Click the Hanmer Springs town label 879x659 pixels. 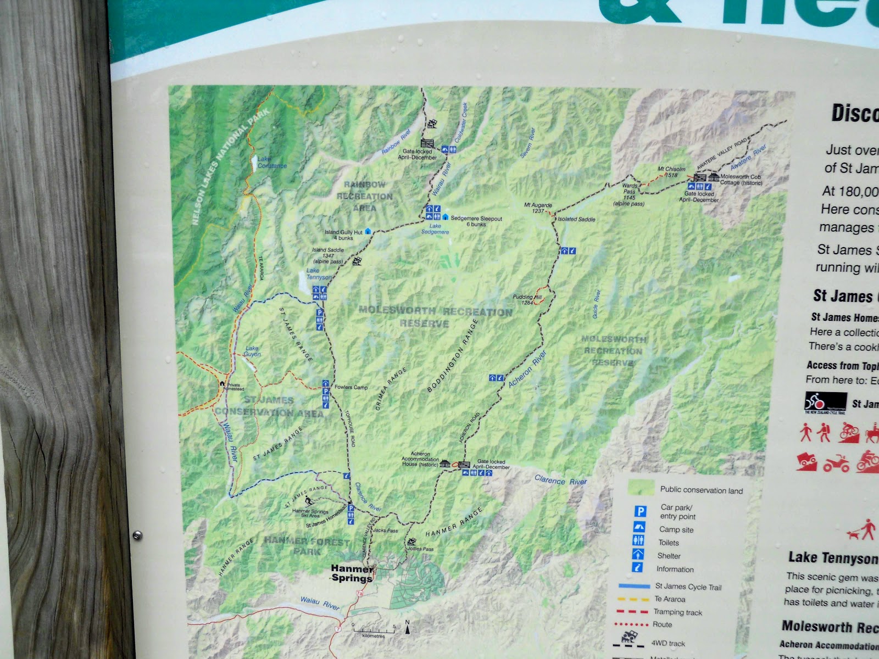tap(352, 573)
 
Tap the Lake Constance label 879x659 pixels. tap(272, 163)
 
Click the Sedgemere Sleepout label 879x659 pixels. tap(476, 221)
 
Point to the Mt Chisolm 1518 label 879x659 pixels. tap(671, 172)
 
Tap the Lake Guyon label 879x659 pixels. tap(252, 351)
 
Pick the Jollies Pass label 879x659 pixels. tap(420, 549)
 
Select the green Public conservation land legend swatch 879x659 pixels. tap(641, 488)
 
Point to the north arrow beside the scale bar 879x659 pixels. tap(407, 627)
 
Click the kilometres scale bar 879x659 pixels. tap(374, 629)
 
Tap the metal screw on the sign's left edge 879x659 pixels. tap(137, 534)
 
